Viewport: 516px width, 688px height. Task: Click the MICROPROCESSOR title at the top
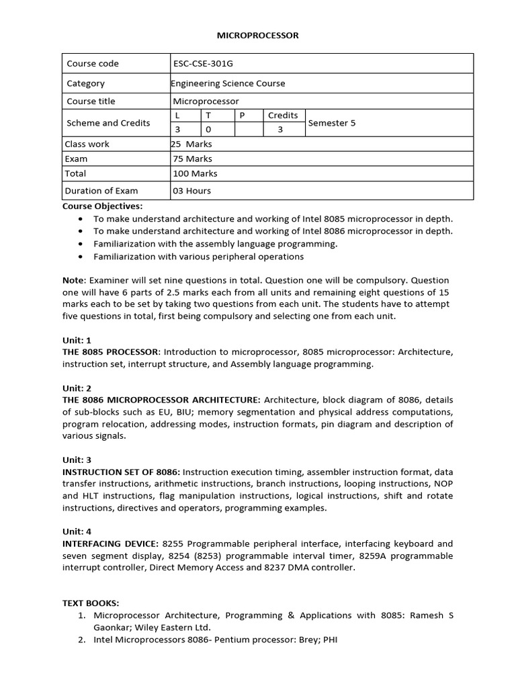coord(257,36)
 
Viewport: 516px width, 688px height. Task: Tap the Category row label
coord(86,83)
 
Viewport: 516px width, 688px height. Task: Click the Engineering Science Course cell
coord(228,83)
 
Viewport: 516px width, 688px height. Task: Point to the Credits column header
coord(283,115)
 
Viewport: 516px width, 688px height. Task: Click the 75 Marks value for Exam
coord(193,159)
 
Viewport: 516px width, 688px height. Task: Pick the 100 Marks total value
coord(196,173)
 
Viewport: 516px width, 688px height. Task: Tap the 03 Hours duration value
coord(192,191)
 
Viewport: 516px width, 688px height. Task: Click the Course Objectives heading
coord(102,206)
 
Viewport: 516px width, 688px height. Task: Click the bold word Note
coord(73,280)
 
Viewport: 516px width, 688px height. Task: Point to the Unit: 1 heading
coord(77,340)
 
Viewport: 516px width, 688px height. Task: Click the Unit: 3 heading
coord(77,460)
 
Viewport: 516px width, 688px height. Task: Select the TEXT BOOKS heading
coord(91,603)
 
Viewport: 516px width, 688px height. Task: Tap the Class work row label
coord(87,144)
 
